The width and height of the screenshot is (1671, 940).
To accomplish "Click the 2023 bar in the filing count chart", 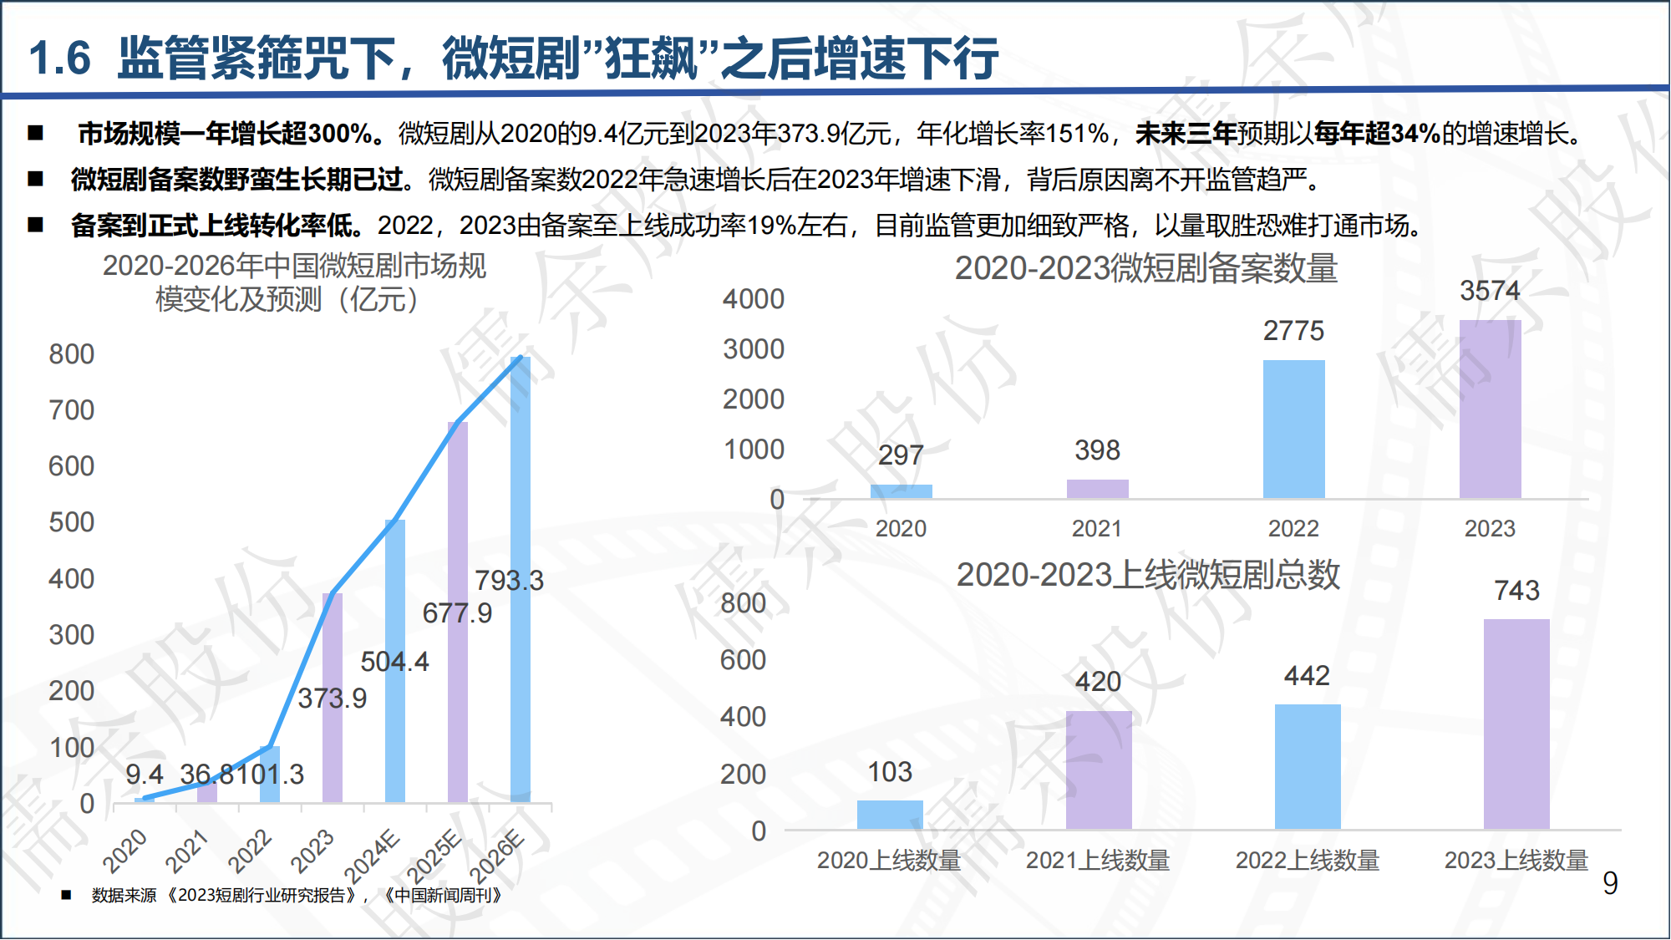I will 1490,409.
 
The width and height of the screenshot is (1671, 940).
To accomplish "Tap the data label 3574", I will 1490,291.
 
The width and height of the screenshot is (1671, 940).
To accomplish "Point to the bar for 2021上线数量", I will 1099,770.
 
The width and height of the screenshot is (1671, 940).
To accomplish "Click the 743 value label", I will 1516,591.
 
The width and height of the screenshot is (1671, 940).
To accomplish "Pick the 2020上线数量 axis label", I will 889,860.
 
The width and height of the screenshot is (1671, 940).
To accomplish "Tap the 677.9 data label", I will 457,613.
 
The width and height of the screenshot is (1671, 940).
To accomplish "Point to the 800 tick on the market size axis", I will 72,354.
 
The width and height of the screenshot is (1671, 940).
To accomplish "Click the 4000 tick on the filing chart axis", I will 754,299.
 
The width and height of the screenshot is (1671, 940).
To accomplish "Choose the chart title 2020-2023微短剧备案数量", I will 1146,268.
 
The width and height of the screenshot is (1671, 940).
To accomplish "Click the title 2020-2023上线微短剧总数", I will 1148,575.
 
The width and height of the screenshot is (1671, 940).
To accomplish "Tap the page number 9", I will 1610,883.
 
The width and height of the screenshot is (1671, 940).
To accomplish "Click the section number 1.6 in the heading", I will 59,58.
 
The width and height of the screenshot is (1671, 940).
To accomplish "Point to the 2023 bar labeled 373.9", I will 333,698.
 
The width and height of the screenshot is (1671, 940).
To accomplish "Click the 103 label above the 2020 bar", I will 890,772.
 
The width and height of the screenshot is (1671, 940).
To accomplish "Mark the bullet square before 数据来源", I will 66,896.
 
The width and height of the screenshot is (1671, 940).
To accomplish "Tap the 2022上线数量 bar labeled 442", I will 1308,766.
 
